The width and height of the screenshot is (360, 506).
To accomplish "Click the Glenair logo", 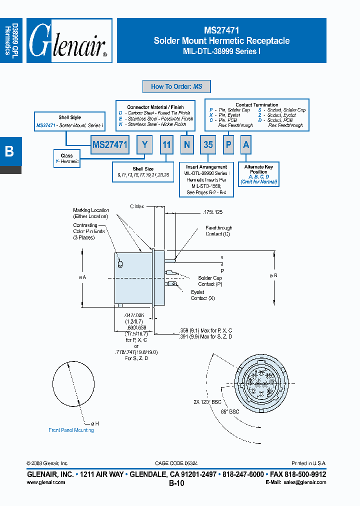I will (x=69, y=41).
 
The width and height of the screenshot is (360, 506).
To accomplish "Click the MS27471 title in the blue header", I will (x=221, y=30).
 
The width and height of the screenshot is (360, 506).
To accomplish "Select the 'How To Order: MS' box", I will (x=176, y=86).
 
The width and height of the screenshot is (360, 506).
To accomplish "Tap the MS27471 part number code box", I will (x=110, y=145).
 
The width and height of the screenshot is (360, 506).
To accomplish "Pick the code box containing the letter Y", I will (x=144, y=145).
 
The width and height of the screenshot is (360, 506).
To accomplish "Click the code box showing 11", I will (x=166, y=145).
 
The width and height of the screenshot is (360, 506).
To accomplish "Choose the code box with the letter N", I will (x=187, y=145).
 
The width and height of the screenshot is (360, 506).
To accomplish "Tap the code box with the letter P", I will (x=228, y=145).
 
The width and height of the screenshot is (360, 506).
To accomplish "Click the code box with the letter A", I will (x=245, y=145).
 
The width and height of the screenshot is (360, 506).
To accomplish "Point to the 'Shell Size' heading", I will (x=143, y=169).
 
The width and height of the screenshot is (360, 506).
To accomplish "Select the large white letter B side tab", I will (x=9, y=151).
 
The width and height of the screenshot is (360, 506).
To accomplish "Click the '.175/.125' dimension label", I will (x=199, y=212).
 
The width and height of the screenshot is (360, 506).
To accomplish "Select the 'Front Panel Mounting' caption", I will (x=71, y=430).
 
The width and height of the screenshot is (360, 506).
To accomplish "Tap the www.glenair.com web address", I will (x=45, y=482).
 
